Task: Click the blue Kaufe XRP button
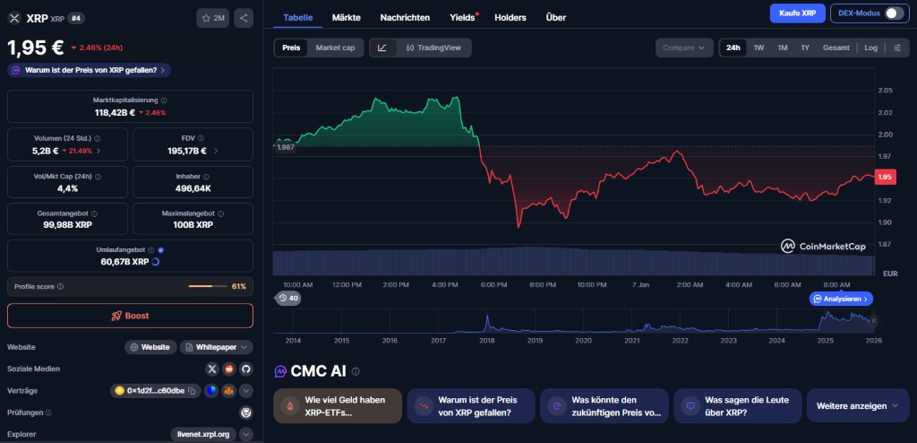[x=796, y=13]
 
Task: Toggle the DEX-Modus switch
[x=894, y=13]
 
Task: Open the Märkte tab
[x=347, y=17]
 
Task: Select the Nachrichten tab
[x=405, y=17]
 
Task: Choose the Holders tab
[x=510, y=17]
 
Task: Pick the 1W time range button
[x=758, y=48]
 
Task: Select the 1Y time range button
[x=805, y=48]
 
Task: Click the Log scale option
[x=871, y=48]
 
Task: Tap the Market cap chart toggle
[x=335, y=48]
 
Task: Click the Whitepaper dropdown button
[x=216, y=347]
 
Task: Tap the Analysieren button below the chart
[x=841, y=299]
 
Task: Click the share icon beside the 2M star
[x=244, y=17]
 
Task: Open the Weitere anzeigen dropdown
[x=857, y=405]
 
